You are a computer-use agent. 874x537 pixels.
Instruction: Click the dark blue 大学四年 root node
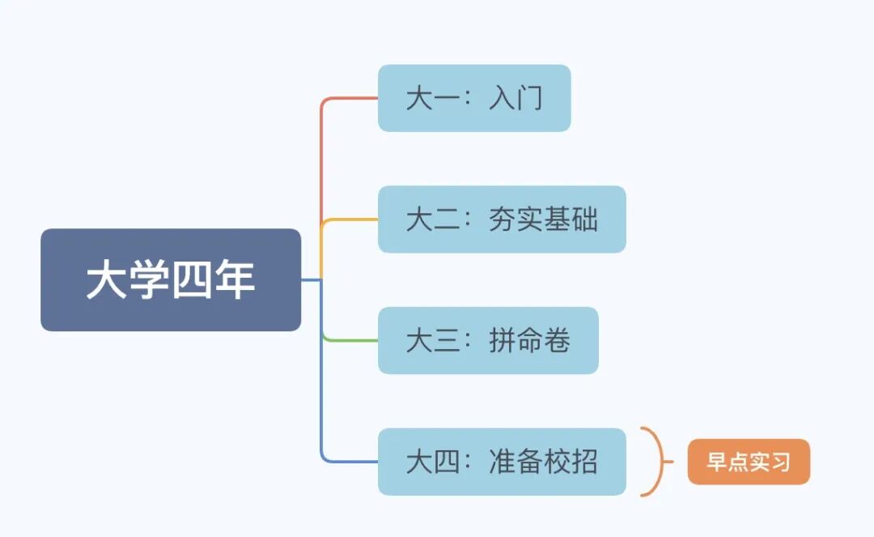click(x=171, y=279)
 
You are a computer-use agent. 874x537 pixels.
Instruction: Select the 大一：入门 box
click(x=474, y=98)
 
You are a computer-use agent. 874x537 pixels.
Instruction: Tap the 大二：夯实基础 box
click(x=502, y=219)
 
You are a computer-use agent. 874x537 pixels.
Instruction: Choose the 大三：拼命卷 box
click(x=488, y=340)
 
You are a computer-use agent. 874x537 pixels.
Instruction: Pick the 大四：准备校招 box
click(x=502, y=462)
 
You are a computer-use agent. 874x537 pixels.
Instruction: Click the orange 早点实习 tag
click(x=749, y=462)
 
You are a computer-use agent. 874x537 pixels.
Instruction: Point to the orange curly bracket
click(x=657, y=462)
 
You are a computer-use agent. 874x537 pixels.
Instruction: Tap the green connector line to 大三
click(x=348, y=340)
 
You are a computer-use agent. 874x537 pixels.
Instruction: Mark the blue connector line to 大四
click(x=322, y=389)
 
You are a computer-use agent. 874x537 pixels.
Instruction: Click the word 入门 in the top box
click(x=515, y=99)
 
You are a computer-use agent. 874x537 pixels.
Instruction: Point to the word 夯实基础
click(x=543, y=219)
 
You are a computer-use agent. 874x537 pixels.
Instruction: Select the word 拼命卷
click(x=530, y=341)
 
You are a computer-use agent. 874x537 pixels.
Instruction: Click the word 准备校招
click(x=543, y=462)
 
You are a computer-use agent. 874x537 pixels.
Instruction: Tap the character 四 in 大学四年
click(x=191, y=280)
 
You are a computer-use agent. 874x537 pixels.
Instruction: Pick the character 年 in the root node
click(x=234, y=280)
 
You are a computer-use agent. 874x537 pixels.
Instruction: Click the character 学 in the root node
click(x=149, y=280)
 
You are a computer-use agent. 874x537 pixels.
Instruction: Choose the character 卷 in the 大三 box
click(x=557, y=341)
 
